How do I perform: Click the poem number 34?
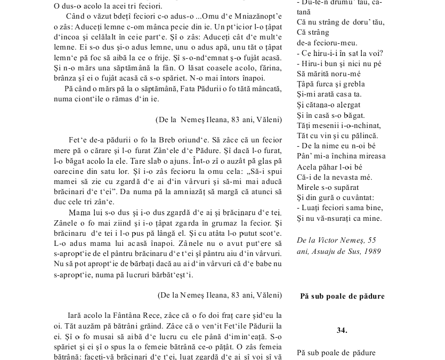pos(342,331)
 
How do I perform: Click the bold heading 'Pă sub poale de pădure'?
pos(342,296)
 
